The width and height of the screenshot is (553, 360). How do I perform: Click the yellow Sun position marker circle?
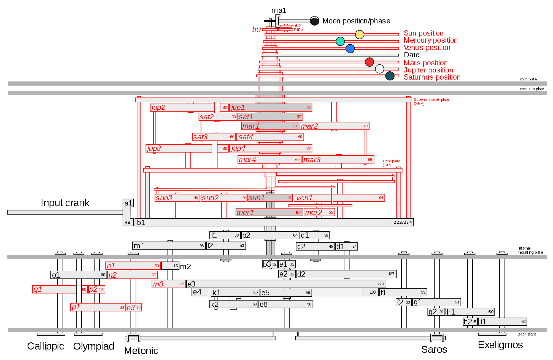coord(360,34)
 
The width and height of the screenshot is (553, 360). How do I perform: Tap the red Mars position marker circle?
coord(369,62)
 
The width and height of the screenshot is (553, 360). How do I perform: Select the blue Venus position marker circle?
coord(350,48)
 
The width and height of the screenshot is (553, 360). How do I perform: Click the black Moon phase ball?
coord(314,21)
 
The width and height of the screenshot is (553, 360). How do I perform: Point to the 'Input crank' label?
coord(65,203)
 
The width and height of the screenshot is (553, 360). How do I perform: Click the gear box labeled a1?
coord(128,203)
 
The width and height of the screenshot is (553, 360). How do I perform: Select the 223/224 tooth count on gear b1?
coord(403,222)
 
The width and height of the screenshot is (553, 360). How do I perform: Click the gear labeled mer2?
coord(319,212)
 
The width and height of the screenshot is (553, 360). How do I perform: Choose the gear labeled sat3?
coord(214,137)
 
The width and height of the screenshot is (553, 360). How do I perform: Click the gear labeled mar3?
coord(338,159)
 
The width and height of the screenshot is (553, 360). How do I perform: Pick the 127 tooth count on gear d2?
coord(391,274)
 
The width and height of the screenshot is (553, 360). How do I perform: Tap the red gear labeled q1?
coord(54,289)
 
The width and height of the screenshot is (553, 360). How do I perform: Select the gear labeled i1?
coord(502,322)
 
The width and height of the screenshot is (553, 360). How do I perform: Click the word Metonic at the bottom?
coord(141,351)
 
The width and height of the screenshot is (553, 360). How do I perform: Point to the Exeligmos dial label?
coord(500,345)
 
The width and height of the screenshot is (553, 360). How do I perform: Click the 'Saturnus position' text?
coord(432,77)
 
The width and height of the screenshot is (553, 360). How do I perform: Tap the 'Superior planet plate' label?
coord(431,100)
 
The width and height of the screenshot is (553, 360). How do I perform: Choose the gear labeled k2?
coord(233,304)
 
